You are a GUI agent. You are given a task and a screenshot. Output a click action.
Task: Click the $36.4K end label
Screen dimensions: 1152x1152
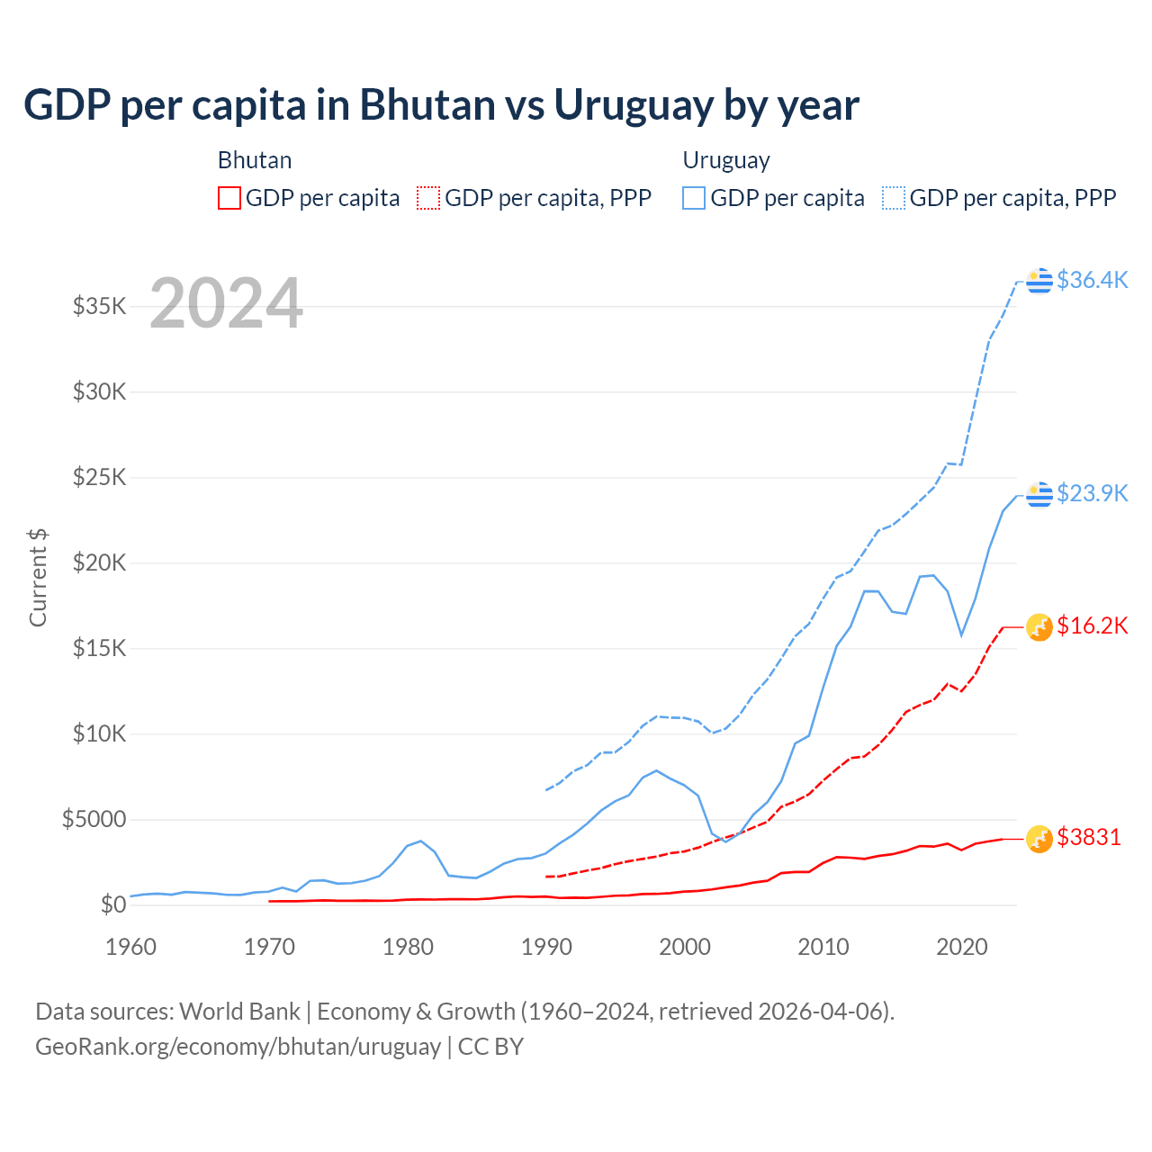point(1092,280)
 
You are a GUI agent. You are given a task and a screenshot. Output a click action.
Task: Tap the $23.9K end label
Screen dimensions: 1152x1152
point(1092,493)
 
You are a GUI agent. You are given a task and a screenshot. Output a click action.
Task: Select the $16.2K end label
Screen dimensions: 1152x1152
point(1092,625)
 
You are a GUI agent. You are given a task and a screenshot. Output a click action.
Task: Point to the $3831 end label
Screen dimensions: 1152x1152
point(1089,837)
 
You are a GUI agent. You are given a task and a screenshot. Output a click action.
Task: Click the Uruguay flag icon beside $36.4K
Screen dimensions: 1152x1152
point(1039,281)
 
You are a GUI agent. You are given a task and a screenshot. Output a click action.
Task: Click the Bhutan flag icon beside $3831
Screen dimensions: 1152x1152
point(1039,838)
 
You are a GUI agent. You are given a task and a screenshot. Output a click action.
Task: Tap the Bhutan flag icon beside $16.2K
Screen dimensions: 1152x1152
point(1039,626)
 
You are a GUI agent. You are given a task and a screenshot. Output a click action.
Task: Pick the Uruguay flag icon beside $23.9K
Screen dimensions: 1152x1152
point(1039,494)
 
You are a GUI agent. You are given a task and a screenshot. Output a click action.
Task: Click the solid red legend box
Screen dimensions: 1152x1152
point(229,198)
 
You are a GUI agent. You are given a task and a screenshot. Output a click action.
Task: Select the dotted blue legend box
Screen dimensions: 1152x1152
point(894,198)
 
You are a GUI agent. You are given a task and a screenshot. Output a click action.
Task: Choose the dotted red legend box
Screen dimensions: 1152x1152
point(429,198)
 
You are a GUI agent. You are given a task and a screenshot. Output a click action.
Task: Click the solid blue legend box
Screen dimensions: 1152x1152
point(694,198)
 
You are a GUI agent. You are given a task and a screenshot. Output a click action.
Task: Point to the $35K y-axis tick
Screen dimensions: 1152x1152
point(100,306)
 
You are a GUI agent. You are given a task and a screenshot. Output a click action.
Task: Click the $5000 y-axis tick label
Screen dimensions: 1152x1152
point(94,819)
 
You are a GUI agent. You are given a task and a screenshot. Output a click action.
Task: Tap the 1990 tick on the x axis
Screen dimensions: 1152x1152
point(547,947)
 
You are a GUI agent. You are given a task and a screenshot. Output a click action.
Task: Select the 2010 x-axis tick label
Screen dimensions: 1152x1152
point(823,947)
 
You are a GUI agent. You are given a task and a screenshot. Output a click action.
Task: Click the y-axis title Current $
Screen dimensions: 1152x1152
point(38,578)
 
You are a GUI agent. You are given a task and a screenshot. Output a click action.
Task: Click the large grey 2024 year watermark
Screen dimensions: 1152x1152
point(226,303)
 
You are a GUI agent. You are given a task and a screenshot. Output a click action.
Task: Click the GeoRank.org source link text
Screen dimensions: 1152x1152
point(238,1047)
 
